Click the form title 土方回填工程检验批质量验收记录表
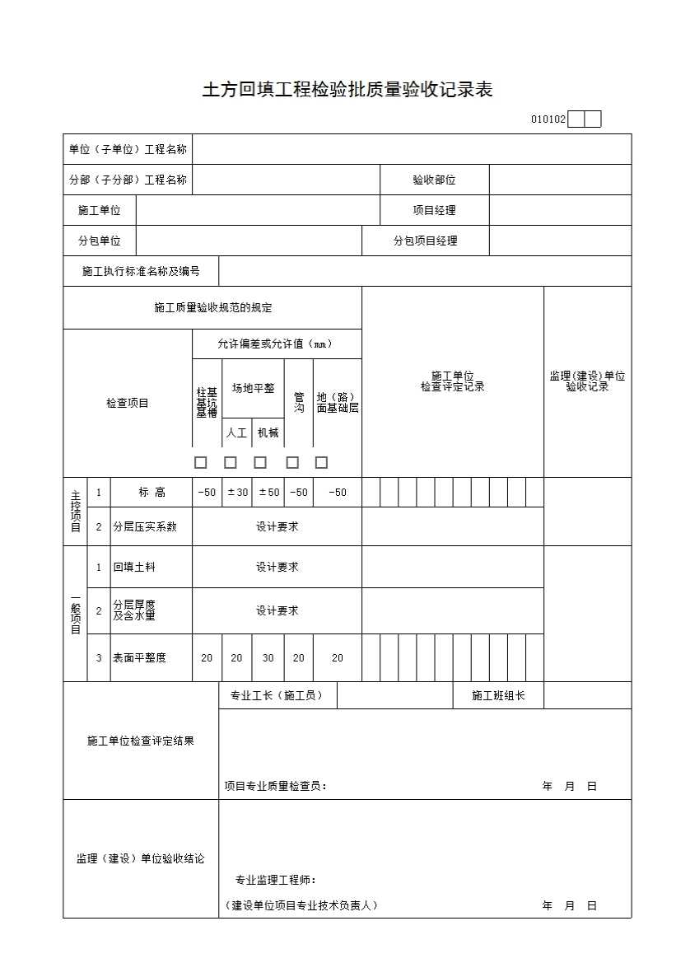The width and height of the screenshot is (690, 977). point(347,90)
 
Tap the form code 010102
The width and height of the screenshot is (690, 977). point(548,119)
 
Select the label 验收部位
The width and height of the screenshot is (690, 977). point(434,180)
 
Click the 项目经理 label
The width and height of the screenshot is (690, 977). point(434,210)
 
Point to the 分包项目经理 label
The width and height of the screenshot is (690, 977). point(425,241)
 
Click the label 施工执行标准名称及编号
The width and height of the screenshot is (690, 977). point(141,271)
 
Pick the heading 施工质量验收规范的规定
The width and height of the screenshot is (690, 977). point(212,308)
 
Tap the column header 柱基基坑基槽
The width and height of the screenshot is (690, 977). point(207,403)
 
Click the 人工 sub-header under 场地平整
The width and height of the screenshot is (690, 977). point(236,432)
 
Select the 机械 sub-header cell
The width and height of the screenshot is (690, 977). point(268,432)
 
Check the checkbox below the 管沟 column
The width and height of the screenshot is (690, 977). point(292,462)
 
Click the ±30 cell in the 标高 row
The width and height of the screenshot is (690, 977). point(236,493)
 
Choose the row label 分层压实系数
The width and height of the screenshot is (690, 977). point(145,526)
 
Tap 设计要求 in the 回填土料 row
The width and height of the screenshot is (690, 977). point(277,567)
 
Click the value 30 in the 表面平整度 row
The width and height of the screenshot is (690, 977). point(268,657)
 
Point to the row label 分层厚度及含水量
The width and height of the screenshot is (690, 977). point(134,610)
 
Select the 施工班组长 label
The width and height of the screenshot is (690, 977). point(497,696)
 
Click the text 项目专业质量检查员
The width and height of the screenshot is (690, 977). point(275,786)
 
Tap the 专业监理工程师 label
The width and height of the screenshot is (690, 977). point(276,880)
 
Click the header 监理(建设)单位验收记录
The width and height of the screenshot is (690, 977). point(587,381)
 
